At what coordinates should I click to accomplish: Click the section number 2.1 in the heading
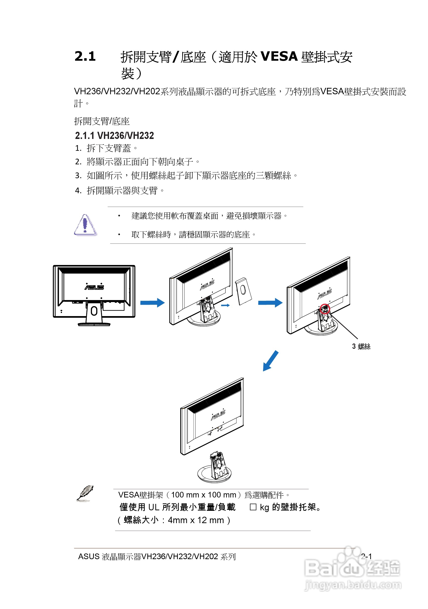coord(85,56)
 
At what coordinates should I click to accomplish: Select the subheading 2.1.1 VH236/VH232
coord(114,135)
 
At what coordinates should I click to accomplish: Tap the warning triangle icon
coord(85,225)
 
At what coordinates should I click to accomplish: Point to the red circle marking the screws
coord(325,309)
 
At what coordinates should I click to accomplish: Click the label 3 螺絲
coord(361,346)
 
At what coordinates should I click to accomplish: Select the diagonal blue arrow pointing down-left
coord(270,361)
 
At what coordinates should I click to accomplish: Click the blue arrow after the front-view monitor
coord(152,303)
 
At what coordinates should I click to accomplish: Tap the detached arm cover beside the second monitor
coord(243,291)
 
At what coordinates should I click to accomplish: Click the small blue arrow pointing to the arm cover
coord(225,305)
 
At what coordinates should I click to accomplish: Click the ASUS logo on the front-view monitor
coord(94,287)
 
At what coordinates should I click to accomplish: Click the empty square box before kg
coord(253,507)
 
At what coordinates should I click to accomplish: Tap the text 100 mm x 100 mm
coord(204,495)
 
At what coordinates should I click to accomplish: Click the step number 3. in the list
coord(78,176)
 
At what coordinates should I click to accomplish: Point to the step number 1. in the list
coord(78,148)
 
